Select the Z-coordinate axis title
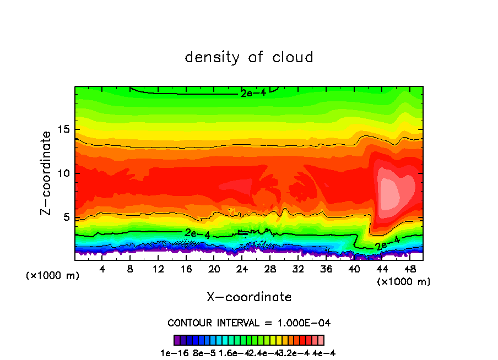[47, 172]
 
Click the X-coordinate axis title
[249, 297]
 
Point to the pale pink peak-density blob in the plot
[391, 192]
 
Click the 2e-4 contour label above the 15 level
[253, 93]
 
